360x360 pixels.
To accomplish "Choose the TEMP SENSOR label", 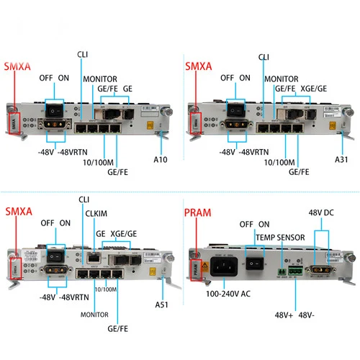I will click(x=281, y=236).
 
